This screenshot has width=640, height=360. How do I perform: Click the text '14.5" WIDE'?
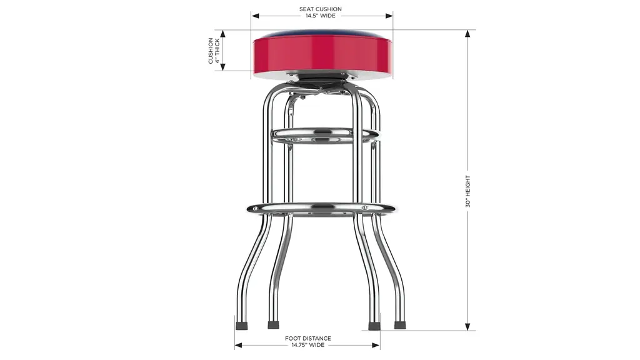tap(321, 16)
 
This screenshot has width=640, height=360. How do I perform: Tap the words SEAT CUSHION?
tap(321, 9)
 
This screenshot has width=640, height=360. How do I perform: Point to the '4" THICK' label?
tap(217, 51)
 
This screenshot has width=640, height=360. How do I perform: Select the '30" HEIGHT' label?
tap(467, 191)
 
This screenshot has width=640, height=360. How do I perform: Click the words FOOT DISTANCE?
tap(307, 338)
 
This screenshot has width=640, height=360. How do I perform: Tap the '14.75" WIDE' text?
tap(307, 345)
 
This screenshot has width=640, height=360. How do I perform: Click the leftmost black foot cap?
tap(242, 326)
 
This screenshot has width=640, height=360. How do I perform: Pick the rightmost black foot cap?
tap(400, 325)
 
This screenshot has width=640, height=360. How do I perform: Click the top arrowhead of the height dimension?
tap(467, 34)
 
